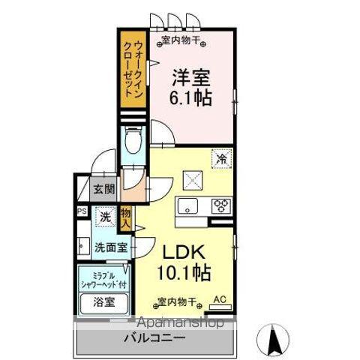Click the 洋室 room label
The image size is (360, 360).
click(191, 76)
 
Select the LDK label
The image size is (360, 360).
click(181, 250)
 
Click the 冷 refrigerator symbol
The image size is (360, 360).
click(221, 159)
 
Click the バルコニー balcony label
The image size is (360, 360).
click(154, 338)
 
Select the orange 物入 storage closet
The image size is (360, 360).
click(126, 217)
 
